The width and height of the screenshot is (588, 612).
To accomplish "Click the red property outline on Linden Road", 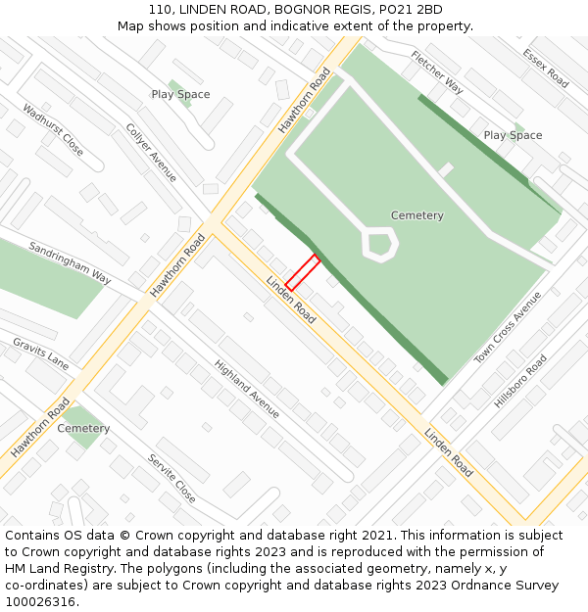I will coord(303,272).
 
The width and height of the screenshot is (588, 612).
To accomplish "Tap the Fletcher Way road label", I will coord(437,71).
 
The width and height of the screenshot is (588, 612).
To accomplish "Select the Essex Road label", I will coord(546,69).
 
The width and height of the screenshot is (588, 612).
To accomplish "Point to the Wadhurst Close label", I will coord(53,130).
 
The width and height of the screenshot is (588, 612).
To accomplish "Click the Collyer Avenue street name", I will coord(151,152).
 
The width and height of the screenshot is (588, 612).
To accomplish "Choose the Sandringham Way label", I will coord(70,262).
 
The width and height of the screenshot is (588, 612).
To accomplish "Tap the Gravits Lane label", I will coord(40,353).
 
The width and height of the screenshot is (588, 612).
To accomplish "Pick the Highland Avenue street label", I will coord(247,389).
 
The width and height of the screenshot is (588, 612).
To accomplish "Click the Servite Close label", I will coord(172,478).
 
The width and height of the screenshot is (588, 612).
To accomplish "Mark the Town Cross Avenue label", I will coord(508,328).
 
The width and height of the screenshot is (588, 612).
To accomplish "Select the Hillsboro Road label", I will coord(520,381).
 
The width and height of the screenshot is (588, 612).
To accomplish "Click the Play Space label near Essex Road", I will coord(513,135).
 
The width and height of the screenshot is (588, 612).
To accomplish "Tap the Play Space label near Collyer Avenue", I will coord(180,94).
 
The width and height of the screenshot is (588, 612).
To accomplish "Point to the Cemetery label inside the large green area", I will coord(417,215).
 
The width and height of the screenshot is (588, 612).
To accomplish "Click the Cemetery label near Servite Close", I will coord(83,429).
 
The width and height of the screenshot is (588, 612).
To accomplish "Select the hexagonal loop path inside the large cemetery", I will coord(380,243).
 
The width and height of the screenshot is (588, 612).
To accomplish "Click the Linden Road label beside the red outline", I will coord(291,301).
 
